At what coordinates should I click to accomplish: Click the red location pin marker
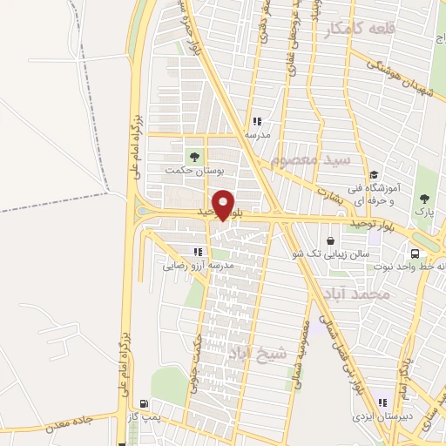click(224, 205)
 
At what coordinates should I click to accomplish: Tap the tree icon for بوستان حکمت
click(194, 157)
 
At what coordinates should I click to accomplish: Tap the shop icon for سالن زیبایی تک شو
click(331, 240)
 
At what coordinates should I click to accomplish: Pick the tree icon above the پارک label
click(426, 198)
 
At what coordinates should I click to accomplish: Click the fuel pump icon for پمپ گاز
click(143, 405)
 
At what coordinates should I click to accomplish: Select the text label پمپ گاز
click(143, 419)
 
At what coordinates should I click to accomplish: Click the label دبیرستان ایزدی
click(380, 416)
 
